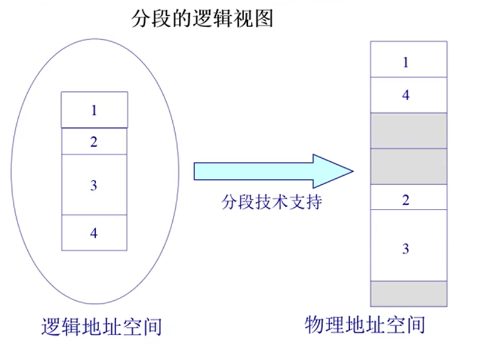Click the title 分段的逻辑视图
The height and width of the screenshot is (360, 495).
pos(202,19)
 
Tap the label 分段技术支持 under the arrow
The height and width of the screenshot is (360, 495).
pos(271,201)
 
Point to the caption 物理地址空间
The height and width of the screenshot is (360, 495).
pos(365,325)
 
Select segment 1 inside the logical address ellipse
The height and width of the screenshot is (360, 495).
pos(94,110)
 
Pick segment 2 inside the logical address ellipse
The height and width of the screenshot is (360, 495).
pos(94,142)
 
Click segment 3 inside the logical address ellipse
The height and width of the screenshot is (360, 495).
pos(94,185)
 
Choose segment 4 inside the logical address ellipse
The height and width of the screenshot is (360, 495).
pos(94,233)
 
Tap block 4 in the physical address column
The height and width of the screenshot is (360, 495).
pos(408,95)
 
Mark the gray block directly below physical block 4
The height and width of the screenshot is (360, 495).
pos(408,130)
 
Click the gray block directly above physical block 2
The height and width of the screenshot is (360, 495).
pos(408,166)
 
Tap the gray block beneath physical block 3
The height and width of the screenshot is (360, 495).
pos(408,294)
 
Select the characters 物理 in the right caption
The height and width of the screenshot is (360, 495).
pos(319,325)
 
